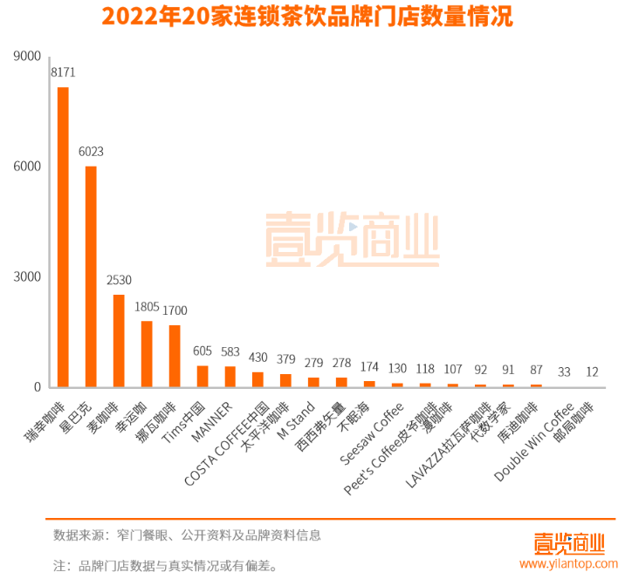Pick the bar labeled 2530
(x=119, y=341)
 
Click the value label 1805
(x=147, y=307)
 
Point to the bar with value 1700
(x=175, y=356)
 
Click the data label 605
(x=203, y=351)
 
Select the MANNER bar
(x=230, y=377)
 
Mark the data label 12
(x=593, y=372)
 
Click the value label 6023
(x=91, y=152)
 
